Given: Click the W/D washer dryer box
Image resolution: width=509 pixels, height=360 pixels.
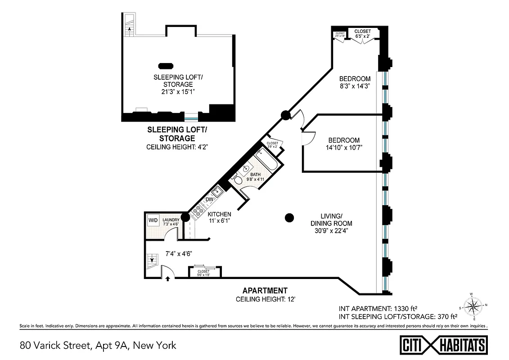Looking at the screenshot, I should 153,221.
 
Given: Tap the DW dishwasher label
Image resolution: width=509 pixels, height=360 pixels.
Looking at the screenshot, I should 209,199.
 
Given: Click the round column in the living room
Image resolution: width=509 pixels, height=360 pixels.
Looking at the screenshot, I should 289,218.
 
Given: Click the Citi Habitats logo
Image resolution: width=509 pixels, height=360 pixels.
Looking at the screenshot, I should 444,345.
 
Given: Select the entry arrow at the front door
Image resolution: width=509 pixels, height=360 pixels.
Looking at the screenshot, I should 168,279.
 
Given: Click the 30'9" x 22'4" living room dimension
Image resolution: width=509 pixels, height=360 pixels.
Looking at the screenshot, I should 331,230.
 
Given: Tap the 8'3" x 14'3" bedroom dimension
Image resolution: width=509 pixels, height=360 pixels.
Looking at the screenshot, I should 355,85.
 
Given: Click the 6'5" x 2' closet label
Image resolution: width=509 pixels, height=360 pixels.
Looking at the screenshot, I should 363,36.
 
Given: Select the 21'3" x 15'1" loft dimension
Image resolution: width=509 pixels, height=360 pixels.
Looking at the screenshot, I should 178,91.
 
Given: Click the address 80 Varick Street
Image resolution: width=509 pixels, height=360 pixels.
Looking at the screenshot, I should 98,346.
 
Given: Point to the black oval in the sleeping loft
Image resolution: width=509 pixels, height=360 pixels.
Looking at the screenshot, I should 165,65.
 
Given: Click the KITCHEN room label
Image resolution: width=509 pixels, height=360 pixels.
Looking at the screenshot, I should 219,214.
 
